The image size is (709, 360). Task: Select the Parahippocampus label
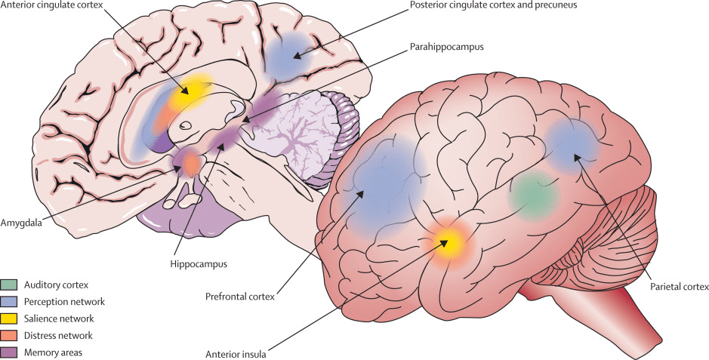click(447, 47)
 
